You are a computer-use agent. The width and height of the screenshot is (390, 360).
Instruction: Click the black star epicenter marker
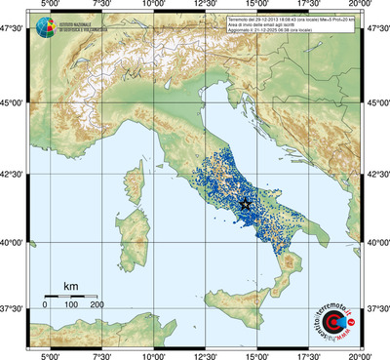click(x=245, y=204)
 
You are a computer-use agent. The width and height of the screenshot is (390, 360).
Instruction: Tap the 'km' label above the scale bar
click(x=70, y=286)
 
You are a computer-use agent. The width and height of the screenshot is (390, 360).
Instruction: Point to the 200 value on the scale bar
click(x=97, y=306)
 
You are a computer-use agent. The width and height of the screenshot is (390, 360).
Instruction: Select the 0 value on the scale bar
click(x=45, y=306)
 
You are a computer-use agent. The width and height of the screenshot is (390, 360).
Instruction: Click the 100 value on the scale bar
click(x=70, y=306)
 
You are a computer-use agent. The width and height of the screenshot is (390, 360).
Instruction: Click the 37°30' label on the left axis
click(x=13, y=308)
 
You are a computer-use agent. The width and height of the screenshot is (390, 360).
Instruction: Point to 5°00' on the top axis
click(x=49, y=6)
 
